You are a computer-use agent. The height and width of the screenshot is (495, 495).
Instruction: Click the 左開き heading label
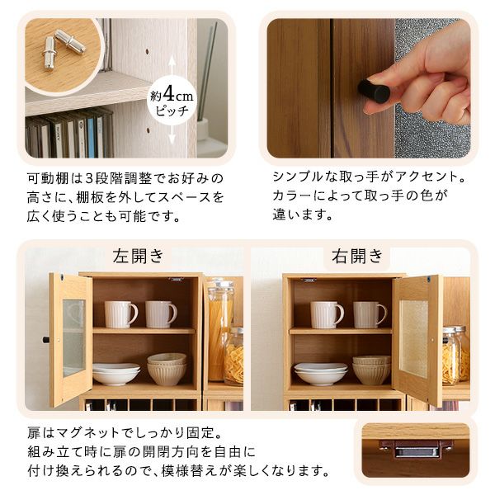coord(139,256)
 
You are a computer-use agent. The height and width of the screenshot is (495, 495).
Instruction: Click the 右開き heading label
coord(357,256)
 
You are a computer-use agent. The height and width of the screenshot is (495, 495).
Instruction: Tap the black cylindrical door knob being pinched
coord(374,91)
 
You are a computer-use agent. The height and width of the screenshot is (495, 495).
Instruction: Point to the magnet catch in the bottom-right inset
coord(416,448)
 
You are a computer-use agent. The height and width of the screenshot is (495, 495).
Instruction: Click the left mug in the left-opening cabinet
coord(121,313)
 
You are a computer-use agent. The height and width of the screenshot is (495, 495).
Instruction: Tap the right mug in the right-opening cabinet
coord(370,315)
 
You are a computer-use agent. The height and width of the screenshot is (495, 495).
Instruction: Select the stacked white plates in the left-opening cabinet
coord(115,374)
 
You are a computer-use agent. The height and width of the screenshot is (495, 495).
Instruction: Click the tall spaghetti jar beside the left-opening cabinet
coord(219,329)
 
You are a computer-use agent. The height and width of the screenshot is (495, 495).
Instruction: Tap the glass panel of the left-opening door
coord(74,337)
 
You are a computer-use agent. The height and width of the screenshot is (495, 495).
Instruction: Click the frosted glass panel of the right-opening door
coord(413,338)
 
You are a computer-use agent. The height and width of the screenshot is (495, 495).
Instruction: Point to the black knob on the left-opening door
coord(46,340)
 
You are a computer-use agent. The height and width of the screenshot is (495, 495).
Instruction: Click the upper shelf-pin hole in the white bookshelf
coord(147,51)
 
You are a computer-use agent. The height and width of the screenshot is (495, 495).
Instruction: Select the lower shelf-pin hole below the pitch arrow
coord(148,130)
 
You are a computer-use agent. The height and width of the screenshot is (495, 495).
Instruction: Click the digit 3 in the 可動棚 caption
coord(89,179)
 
